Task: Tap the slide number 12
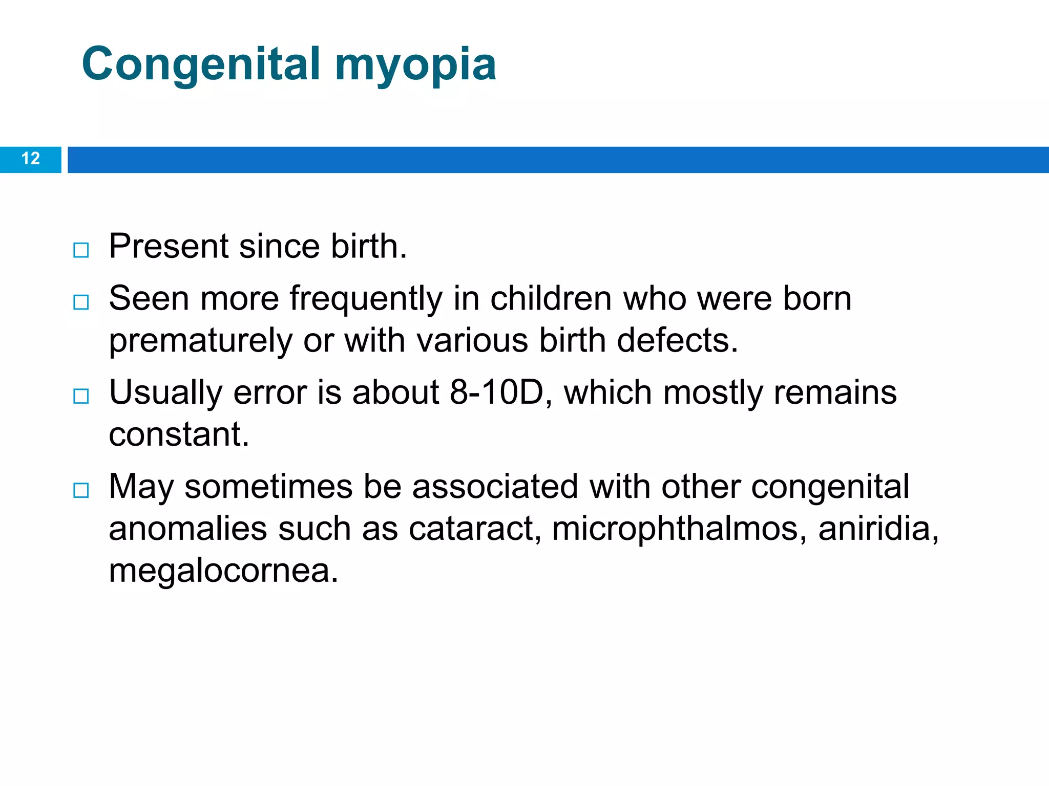click(x=31, y=159)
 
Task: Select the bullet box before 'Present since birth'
click(x=81, y=250)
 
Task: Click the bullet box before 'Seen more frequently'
click(x=81, y=302)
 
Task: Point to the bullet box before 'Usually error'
click(x=81, y=396)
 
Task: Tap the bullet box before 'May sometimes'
click(x=81, y=490)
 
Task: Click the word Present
click(x=169, y=246)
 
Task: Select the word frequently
click(x=366, y=299)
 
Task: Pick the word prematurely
click(x=200, y=341)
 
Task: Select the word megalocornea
click(x=223, y=571)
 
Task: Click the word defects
click(x=677, y=340)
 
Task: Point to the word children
click(x=551, y=298)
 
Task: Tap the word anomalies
click(x=188, y=529)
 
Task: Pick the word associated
click(x=495, y=486)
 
